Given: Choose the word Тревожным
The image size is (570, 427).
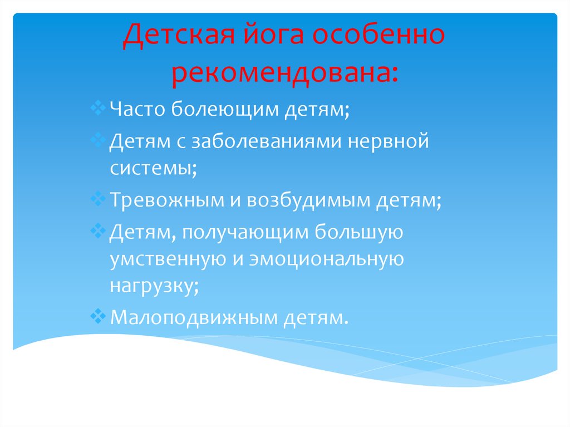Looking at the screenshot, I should pyautogui.click(x=166, y=201).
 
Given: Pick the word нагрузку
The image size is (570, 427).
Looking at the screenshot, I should pyautogui.click(x=153, y=286).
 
